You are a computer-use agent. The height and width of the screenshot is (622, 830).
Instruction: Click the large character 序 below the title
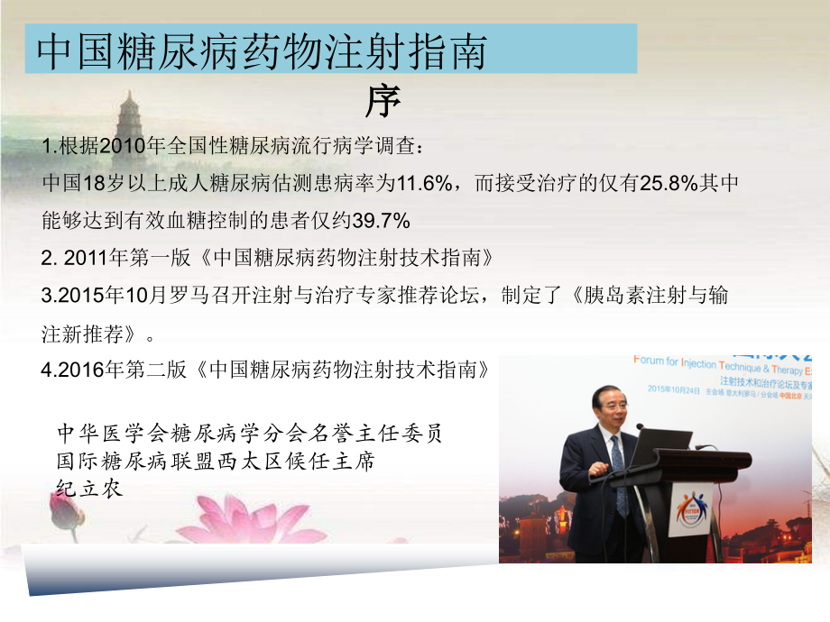383,102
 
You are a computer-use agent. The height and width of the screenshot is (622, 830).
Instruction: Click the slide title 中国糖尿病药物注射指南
262,52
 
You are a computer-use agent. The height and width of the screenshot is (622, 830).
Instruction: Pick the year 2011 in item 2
89,258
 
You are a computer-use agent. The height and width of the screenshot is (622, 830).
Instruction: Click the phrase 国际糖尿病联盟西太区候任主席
216,461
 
